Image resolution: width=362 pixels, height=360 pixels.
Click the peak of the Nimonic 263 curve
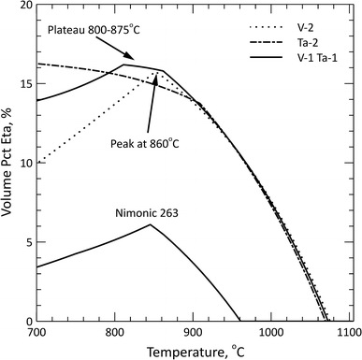click(151, 224)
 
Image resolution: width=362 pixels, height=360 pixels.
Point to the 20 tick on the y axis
click(22, 6)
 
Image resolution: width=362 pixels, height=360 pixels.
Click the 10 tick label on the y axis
click(22, 164)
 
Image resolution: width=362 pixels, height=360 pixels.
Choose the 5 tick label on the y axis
click(24, 242)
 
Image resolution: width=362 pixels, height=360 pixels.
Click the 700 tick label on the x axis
click(36, 332)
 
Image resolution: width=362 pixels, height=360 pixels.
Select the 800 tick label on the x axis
click(114, 332)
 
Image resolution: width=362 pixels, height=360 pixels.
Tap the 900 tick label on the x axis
click(193, 332)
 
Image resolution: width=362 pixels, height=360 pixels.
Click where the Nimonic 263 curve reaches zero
click(240, 321)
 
